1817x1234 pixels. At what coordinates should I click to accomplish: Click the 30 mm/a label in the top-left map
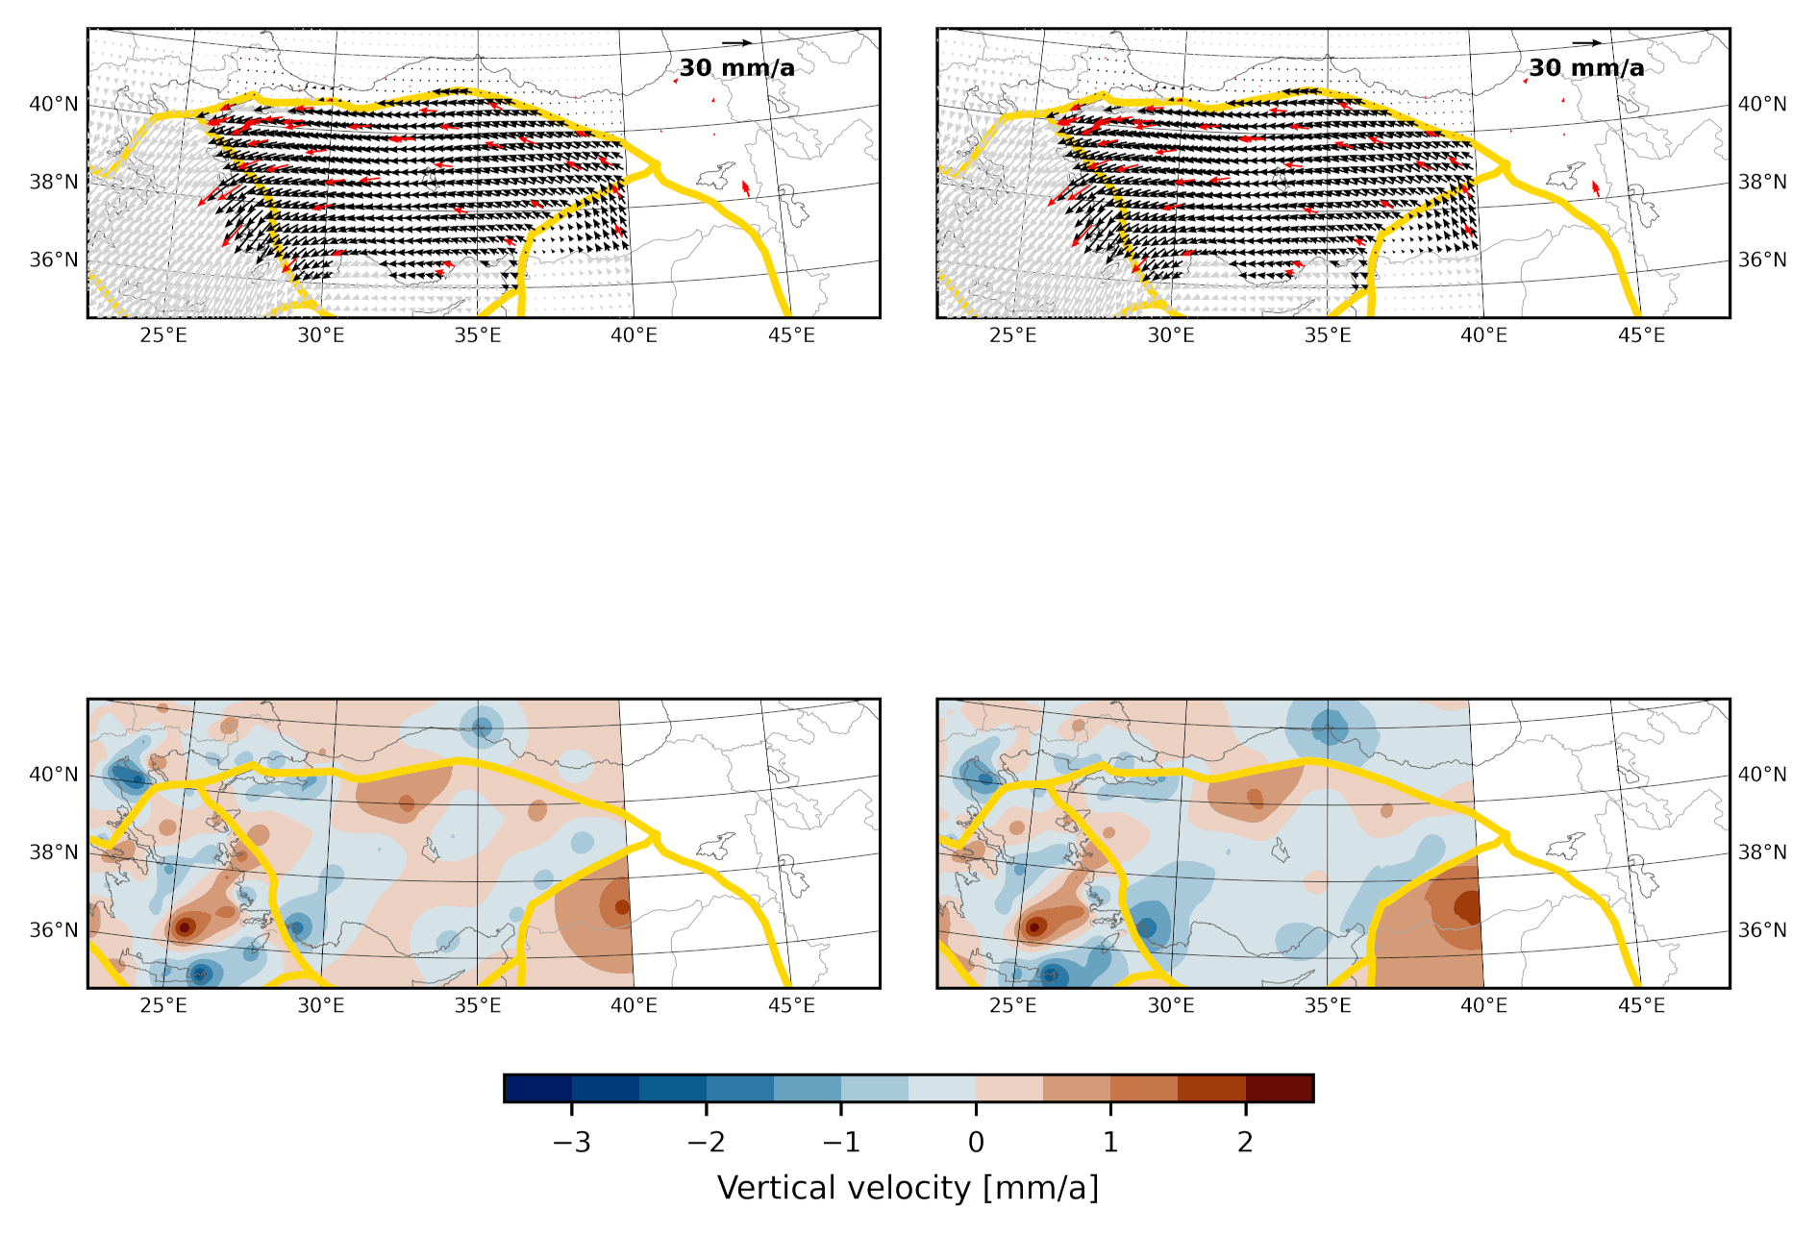tap(736, 67)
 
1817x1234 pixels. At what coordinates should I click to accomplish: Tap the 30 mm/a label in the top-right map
tap(1586, 67)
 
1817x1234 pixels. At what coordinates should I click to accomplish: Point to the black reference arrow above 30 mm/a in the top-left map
tap(736, 42)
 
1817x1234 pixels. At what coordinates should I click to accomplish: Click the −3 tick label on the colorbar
tap(572, 1142)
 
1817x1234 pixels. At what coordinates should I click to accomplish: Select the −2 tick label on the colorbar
tap(707, 1142)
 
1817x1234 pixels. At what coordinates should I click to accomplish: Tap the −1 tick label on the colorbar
tap(841, 1142)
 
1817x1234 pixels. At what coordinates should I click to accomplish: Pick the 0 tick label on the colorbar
tap(976, 1142)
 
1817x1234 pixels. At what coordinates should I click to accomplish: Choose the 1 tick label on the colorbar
tap(1110, 1142)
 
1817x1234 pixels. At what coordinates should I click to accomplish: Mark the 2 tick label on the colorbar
tap(1245, 1142)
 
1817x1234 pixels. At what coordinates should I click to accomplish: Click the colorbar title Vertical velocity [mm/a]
tap(908, 1188)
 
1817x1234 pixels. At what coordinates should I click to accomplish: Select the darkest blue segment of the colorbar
tap(538, 1088)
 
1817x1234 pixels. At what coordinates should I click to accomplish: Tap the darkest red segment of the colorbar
tap(1280, 1088)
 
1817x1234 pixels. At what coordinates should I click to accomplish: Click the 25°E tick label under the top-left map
tap(163, 335)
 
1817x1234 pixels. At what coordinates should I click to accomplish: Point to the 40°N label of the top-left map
tap(54, 104)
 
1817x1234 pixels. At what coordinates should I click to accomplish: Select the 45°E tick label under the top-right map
tap(1641, 335)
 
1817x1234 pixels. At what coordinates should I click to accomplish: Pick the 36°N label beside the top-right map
tap(1762, 259)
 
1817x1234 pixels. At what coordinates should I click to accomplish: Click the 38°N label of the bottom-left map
tap(54, 852)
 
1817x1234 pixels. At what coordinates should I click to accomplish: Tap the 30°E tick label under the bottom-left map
tap(321, 1005)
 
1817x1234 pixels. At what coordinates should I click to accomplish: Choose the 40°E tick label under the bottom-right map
tap(1484, 1005)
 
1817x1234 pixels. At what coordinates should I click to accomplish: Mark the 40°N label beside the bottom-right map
tap(1762, 775)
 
